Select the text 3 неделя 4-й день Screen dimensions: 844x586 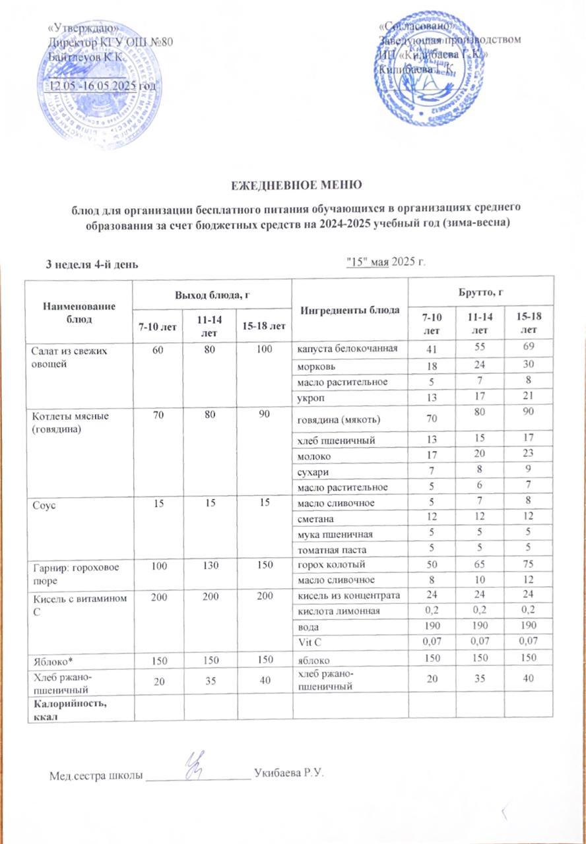click(91, 264)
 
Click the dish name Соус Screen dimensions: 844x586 click(43, 503)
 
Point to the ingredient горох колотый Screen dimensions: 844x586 click(326, 565)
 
